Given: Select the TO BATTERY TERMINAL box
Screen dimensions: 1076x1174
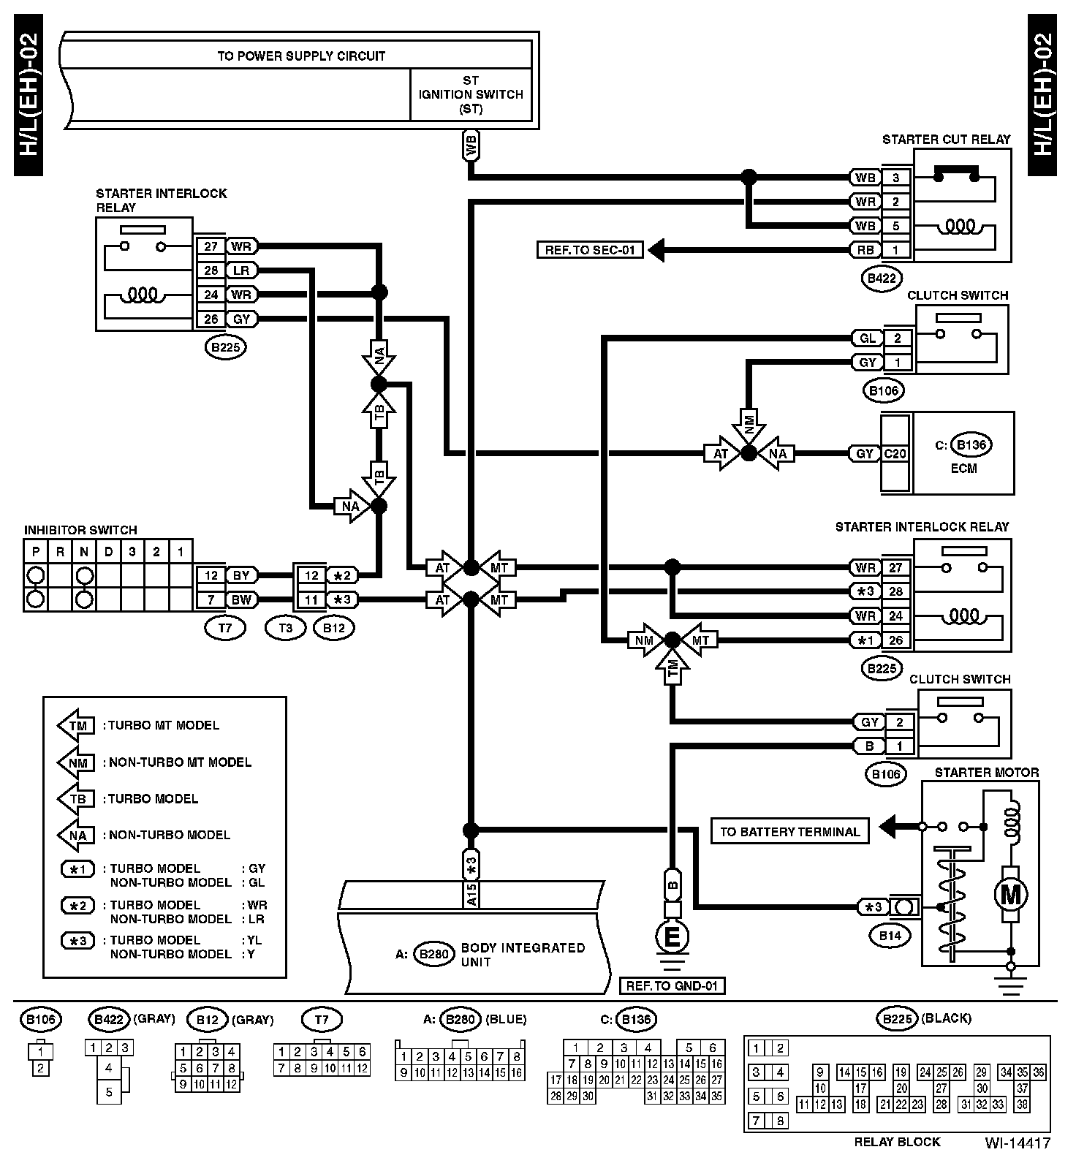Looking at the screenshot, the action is click(x=789, y=831).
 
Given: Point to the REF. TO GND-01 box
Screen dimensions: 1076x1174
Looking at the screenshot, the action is click(x=672, y=985).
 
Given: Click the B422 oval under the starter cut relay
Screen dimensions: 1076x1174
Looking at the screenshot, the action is click(x=881, y=278).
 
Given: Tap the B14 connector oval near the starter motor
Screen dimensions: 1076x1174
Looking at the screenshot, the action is click(x=889, y=935).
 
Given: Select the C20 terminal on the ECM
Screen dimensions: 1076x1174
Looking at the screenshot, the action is click(x=895, y=453).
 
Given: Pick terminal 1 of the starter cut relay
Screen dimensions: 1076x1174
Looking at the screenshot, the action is click(x=896, y=250).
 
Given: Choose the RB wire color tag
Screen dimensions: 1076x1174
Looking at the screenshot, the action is click(x=865, y=250).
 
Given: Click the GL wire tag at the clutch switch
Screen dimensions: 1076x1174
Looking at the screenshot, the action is click(x=867, y=338).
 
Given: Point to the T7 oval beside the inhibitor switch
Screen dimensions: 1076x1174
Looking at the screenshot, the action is click(x=225, y=628).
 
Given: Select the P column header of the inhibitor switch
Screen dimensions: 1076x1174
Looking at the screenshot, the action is click(x=36, y=552).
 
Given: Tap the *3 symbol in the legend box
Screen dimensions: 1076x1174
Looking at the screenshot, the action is click(x=77, y=941).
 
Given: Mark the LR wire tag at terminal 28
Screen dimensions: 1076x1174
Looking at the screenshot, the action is click(x=241, y=271).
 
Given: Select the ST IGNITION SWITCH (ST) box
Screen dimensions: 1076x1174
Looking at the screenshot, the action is click(x=471, y=95).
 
